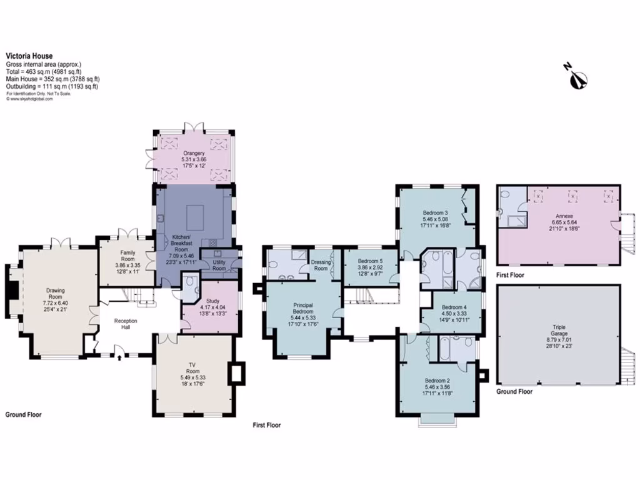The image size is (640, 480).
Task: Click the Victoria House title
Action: [29, 55]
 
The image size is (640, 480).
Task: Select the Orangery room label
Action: [194, 153]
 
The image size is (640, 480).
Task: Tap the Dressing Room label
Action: [321, 266]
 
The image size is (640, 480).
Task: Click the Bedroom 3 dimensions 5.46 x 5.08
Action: [436, 219]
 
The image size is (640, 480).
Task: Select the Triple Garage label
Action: [559, 331]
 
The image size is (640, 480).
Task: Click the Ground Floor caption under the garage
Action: [515, 392]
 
